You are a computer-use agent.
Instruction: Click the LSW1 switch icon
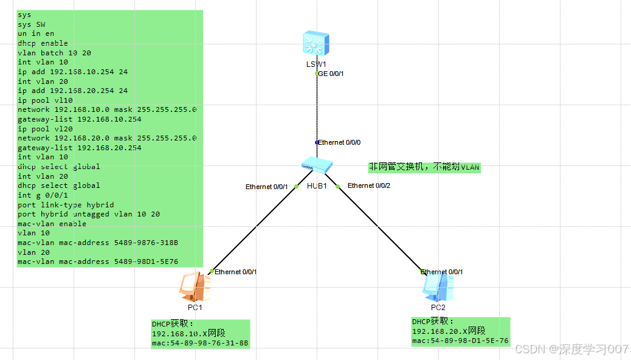pyautogui.click(x=316, y=44)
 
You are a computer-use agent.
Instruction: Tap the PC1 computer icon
pyautogui.click(x=195, y=286)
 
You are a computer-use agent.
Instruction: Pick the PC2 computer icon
pyautogui.click(x=438, y=287)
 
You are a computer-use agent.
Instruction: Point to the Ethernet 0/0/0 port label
pyautogui.click(x=340, y=142)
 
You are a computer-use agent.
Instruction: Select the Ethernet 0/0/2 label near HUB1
pyautogui.click(x=368, y=185)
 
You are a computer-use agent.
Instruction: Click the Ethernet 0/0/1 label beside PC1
pyautogui.click(x=235, y=272)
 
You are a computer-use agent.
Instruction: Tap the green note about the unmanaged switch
pyautogui.click(x=424, y=167)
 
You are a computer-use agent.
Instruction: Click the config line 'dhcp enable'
pyautogui.click(x=43, y=43)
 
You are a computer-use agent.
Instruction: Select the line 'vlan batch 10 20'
pyautogui.click(x=54, y=53)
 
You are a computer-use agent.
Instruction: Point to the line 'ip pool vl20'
pyautogui.click(x=45, y=129)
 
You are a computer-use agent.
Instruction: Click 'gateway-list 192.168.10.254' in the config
pyautogui.click(x=79, y=119)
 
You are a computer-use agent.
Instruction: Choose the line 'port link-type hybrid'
pyautogui.click(x=66, y=205)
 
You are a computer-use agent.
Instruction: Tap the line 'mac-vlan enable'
pyautogui.click(x=52, y=224)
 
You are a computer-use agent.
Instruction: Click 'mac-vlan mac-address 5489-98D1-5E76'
pyautogui.click(x=97, y=261)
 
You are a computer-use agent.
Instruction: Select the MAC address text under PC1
pyautogui.click(x=200, y=344)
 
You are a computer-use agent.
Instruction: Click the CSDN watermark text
pyautogui.click(x=571, y=349)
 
